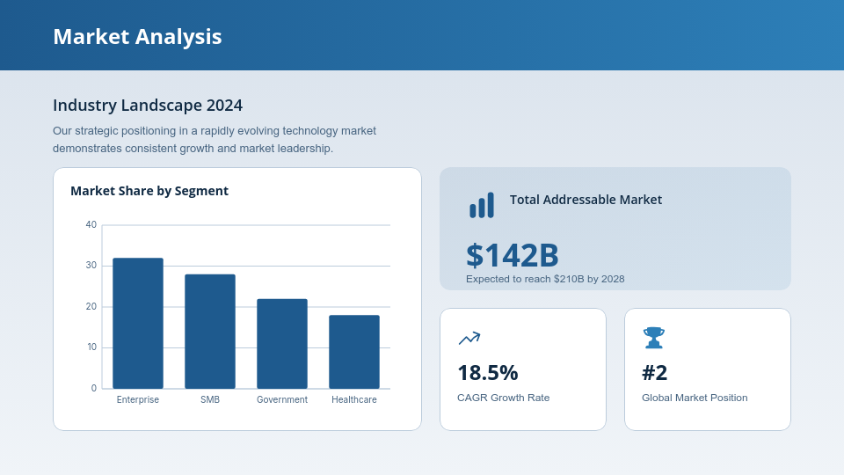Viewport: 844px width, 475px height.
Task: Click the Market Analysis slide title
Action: (x=137, y=36)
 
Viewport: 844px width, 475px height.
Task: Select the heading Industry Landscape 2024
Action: (x=148, y=106)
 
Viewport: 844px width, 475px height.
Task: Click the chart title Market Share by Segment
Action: (x=149, y=191)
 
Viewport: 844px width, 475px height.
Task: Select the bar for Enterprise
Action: (x=138, y=323)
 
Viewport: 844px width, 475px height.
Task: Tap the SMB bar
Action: (x=210, y=332)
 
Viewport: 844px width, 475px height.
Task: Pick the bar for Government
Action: (x=282, y=344)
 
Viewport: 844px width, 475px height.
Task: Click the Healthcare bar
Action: (x=354, y=352)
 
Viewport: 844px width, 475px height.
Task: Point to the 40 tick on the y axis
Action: (x=91, y=225)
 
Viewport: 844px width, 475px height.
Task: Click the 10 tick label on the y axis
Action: (x=91, y=347)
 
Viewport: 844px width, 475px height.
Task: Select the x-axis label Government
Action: (x=282, y=399)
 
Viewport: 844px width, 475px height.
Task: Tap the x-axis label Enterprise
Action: (x=138, y=399)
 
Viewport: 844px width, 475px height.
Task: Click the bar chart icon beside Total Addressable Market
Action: (x=482, y=205)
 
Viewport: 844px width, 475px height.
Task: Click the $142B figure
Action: (x=513, y=255)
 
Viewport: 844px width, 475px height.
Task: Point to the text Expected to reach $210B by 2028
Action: (x=545, y=279)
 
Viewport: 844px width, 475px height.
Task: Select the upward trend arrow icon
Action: (x=469, y=338)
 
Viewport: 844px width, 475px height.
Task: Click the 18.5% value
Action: (x=488, y=373)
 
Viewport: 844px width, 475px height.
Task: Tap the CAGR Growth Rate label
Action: (x=503, y=398)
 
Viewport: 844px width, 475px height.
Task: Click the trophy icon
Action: (x=653, y=338)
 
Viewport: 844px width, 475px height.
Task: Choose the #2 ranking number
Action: (x=655, y=373)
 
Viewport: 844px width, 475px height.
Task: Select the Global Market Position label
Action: (x=695, y=398)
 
